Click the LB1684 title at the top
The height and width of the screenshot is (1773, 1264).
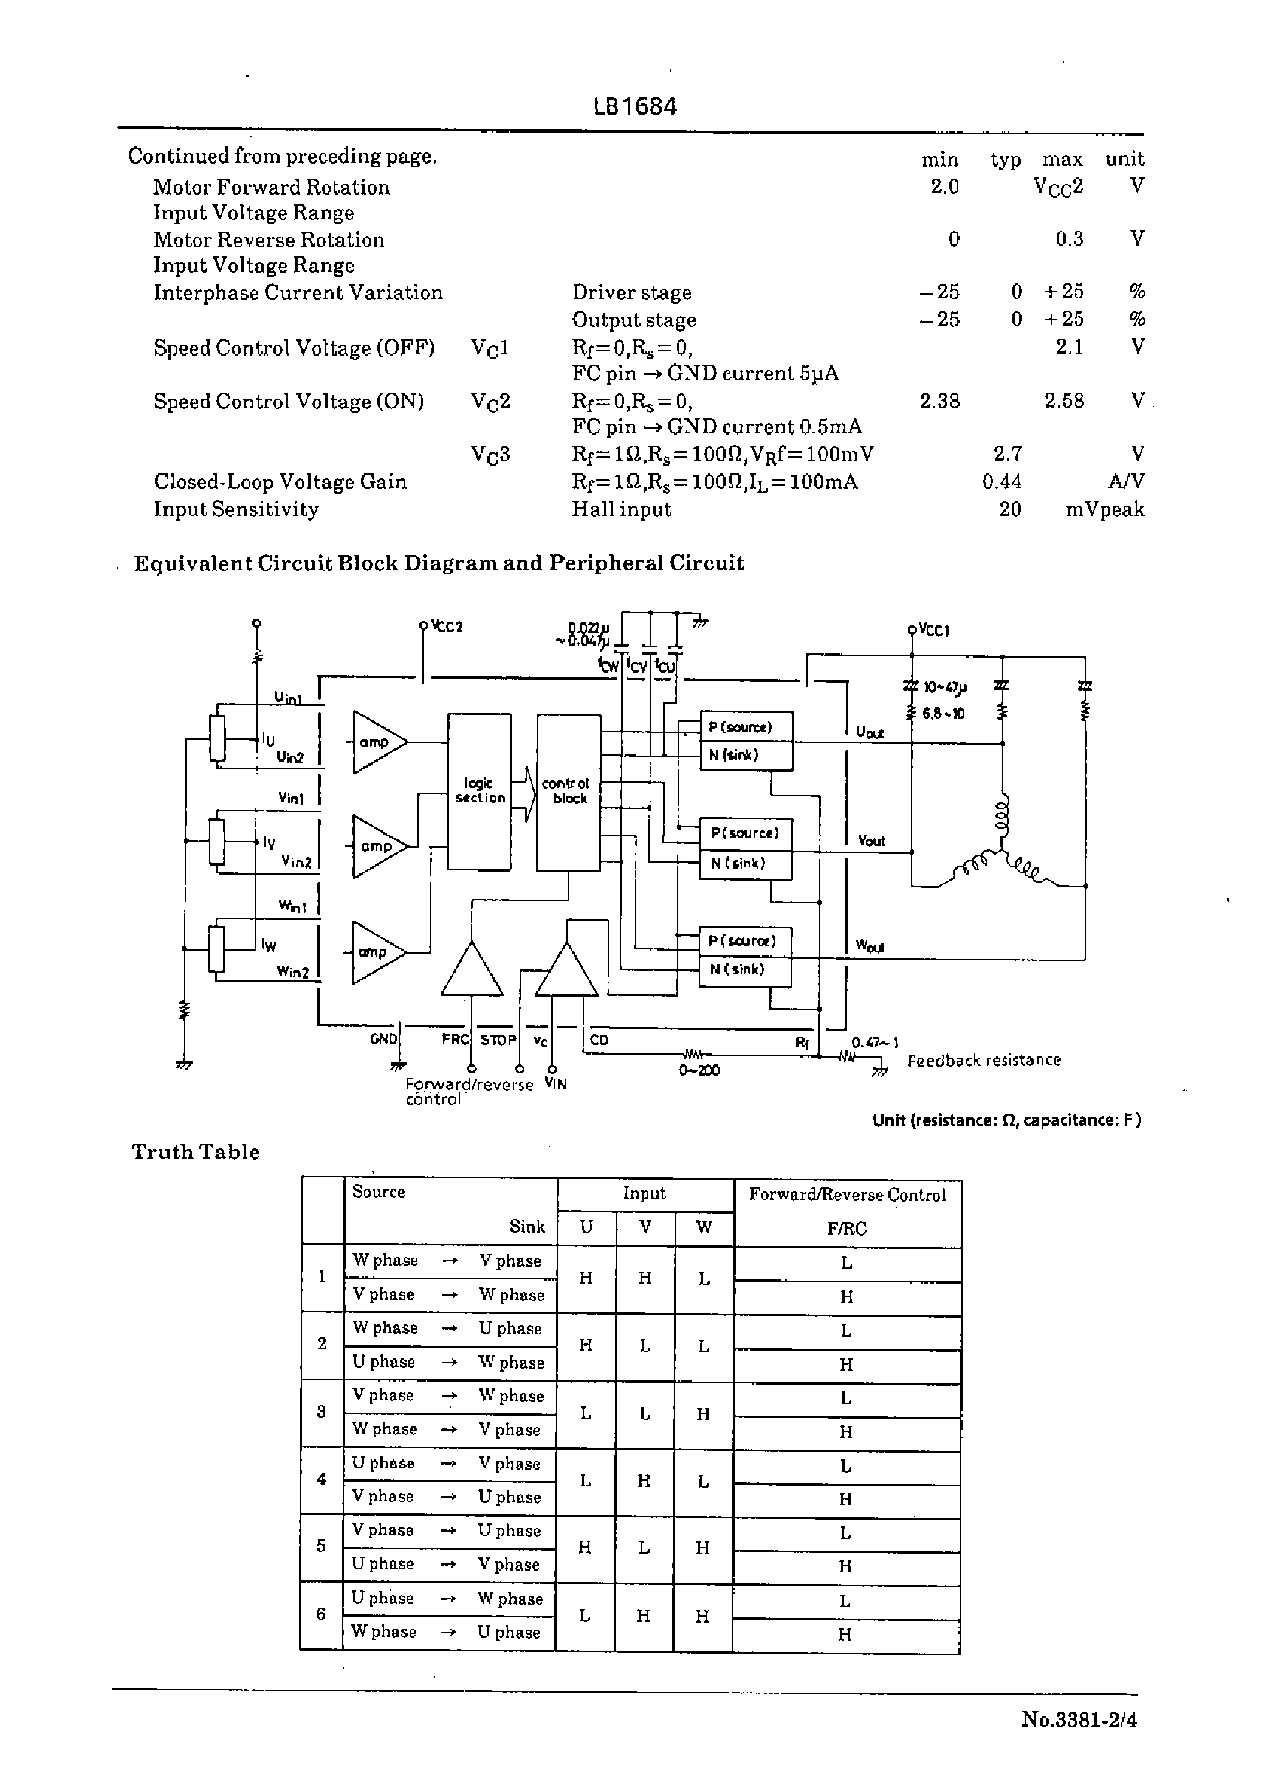click(x=635, y=106)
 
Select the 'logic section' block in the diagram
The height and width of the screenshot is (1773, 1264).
click(x=479, y=791)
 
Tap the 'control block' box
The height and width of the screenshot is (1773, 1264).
click(x=568, y=791)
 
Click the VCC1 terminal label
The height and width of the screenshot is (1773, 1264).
click(x=933, y=630)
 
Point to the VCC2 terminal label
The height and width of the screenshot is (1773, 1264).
click(x=447, y=627)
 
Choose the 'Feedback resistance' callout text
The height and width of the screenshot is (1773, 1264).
click(x=984, y=1060)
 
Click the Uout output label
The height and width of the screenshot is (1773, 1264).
click(x=870, y=732)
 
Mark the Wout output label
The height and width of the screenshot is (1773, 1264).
click(x=870, y=946)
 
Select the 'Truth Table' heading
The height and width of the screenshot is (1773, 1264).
click(x=195, y=1152)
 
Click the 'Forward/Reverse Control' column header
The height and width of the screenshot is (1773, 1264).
click(x=847, y=1195)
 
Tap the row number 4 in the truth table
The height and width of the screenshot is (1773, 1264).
click(x=321, y=1479)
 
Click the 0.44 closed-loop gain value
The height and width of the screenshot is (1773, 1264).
click(x=1001, y=482)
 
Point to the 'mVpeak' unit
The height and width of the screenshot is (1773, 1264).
click(x=1104, y=510)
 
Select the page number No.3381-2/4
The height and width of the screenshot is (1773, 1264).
click(x=1079, y=1720)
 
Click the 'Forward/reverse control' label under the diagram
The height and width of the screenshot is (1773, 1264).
click(x=469, y=1091)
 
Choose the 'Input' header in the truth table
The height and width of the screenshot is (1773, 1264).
click(x=644, y=1193)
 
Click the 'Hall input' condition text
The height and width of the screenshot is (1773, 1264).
click(x=621, y=510)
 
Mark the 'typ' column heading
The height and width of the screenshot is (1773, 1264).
click(x=1006, y=160)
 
